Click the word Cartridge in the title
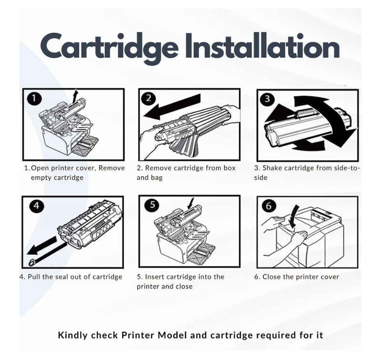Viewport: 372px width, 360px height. click(109, 47)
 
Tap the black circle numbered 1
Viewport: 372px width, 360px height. click(34, 98)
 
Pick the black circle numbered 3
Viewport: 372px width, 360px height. click(267, 99)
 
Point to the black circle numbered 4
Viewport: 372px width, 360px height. click(37, 206)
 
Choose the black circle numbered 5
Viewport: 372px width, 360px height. click(152, 205)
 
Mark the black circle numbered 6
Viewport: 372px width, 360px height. click(269, 206)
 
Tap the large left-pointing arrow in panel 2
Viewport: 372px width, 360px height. click(172, 106)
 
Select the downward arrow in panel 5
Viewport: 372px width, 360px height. click(190, 204)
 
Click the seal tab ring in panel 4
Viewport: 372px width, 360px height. click(32, 263)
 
